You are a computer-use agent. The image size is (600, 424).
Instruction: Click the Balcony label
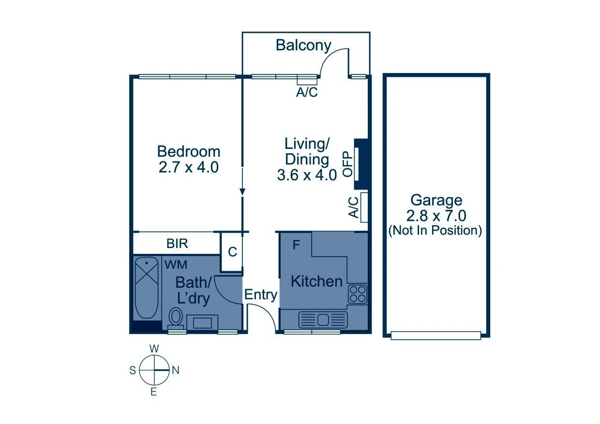303,45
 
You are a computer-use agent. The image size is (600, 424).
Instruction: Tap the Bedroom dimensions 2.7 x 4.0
189,167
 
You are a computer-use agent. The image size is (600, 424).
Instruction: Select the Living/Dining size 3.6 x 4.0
306,175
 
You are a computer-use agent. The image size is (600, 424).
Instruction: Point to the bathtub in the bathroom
147,288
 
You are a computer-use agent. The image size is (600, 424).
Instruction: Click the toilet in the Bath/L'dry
176,318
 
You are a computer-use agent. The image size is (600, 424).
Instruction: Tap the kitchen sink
323,319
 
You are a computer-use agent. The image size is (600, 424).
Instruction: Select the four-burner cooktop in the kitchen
358,294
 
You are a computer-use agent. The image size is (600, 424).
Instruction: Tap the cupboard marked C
232,252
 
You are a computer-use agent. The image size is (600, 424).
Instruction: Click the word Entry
260,295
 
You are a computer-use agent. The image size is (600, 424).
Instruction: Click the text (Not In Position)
435,231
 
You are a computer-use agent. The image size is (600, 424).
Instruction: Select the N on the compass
176,370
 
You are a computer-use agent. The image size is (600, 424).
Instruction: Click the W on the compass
154,349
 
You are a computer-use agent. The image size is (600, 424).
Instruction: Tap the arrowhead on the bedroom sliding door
242,192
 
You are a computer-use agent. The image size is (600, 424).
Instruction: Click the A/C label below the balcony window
307,93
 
